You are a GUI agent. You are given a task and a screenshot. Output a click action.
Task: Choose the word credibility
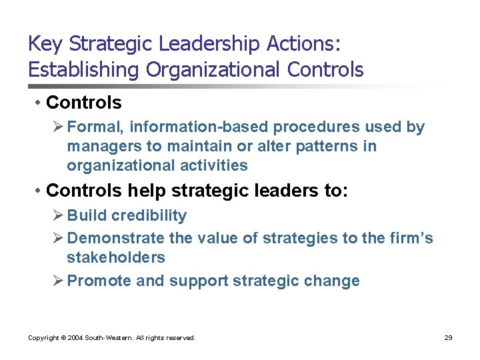[x=149, y=216]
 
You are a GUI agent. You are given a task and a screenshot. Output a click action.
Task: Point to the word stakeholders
[x=116, y=257]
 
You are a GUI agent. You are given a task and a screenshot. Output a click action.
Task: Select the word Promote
[x=99, y=281]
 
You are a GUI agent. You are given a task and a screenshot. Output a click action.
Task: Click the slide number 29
[x=448, y=338]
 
